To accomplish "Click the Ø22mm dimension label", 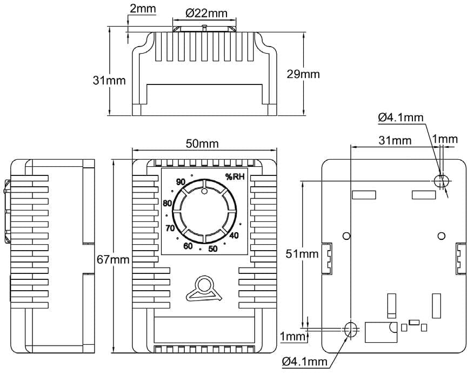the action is click(206, 13).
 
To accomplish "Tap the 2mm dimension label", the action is click(143, 8).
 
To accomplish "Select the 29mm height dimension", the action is click(303, 74).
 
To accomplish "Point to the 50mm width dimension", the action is click(202, 143).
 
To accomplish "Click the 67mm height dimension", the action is click(113, 259).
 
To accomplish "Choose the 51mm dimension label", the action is click(302, 254).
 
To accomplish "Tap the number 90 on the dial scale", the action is click(181, 182).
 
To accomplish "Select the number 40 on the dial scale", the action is click(234, 235).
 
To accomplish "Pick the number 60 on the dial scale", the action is click(188, 246).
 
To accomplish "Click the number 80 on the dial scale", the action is click(167, 203).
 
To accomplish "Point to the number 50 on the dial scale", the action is click(213, 248).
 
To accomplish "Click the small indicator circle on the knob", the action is click(204, 191).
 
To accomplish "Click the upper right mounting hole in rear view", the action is click(440, 181).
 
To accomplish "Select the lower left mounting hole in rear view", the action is click(351, 329).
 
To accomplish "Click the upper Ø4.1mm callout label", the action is click(401, 117).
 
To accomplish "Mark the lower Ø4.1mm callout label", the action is click(305, 361).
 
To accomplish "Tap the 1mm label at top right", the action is click(445, 139).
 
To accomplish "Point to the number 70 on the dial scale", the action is click(170, 228).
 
